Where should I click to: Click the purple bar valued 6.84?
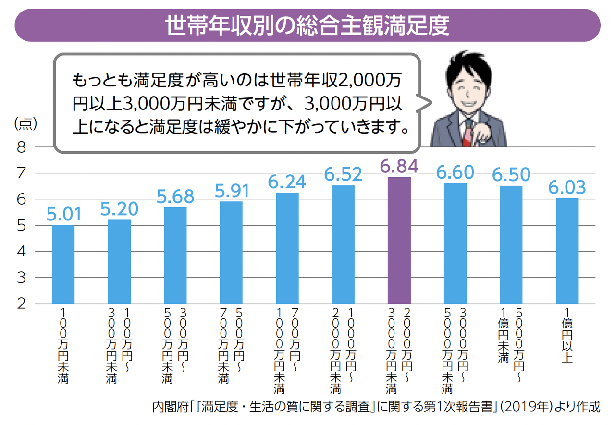(x=399, y=240)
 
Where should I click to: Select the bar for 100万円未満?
(x=63, y=264)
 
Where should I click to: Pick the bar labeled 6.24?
(x=287, y=248)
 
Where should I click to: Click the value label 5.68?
(x=175, y=196)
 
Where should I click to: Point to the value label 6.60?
(x=455, y=172)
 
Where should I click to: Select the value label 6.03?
(x=567, y=187)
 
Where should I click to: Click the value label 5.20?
(x=119, y=208)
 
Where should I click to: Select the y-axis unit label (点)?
(x=25, y=124)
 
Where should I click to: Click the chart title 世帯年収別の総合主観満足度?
(x=307, y=26)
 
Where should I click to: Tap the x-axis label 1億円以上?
(x=567, y=336)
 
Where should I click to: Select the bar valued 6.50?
(x=511, y=245)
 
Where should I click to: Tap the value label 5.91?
(x=231, y=190)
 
